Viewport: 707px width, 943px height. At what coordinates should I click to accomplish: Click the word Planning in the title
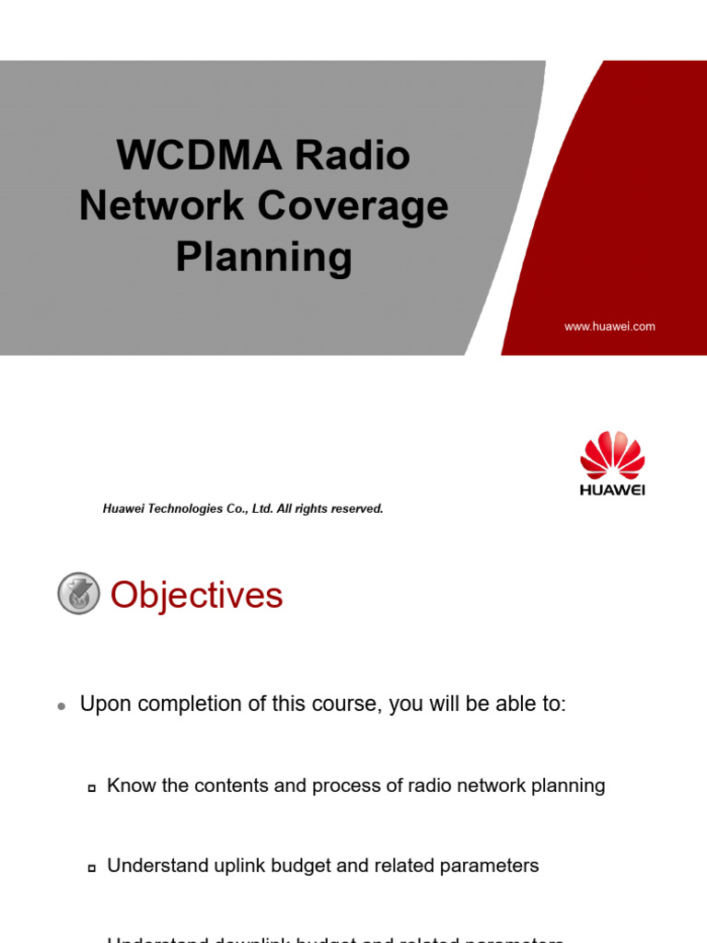click(264, 257)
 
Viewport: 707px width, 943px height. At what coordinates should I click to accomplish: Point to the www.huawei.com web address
click(609, 327)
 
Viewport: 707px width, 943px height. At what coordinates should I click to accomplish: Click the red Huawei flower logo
click(612, 455)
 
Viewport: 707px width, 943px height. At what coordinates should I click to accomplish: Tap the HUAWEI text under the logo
click(612, 490)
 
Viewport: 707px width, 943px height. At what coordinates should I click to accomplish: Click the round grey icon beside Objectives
click(78, 594)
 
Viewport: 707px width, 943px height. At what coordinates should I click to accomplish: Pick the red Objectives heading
click(196, 596)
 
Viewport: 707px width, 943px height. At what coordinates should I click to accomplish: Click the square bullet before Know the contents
click(92, 788)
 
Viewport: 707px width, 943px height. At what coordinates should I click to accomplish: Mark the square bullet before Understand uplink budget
click(92, 868)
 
